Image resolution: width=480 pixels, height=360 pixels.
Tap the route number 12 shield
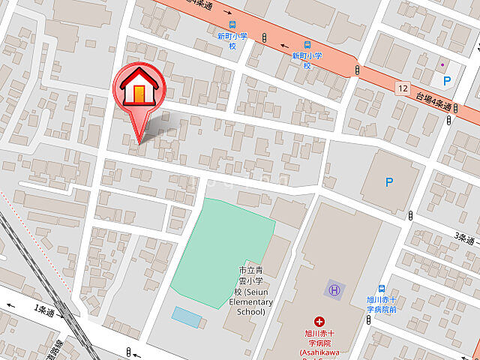pos(403,88)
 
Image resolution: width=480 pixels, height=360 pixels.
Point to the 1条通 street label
pos(45,310)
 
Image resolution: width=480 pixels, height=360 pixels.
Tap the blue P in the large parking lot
pos(388,181)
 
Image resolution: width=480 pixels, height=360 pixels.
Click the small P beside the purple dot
pos(447,80)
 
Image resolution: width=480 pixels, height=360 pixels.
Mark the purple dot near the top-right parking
pos(442,64)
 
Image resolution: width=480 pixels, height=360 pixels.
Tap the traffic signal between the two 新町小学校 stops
pos(265,37)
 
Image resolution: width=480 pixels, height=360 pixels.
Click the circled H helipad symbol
pos(334,289)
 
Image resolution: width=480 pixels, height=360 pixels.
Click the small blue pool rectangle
pos(187,317)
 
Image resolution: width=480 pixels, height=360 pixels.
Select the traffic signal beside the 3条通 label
pos(410,216)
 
